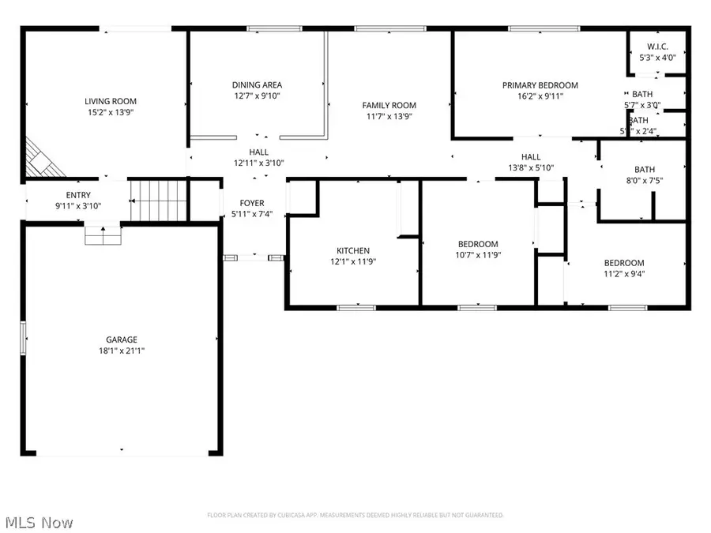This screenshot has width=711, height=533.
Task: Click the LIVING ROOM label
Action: (111, 101)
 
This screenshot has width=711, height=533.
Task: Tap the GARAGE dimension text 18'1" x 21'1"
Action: (122, 351)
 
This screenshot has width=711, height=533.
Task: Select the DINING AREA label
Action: (257, 85)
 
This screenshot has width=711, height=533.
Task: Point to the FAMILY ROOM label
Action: (389, 105)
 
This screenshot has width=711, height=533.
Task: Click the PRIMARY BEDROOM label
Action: (540, 85)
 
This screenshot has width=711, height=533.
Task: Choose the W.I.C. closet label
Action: (657, 46)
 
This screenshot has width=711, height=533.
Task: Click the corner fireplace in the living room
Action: (38, 158)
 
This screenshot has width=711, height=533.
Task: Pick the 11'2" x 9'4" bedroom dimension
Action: (624, 275)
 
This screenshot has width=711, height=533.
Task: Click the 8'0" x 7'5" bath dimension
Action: (645, 181)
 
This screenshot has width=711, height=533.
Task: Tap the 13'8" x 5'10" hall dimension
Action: (531, 167)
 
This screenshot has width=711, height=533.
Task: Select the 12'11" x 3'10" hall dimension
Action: (258, 163)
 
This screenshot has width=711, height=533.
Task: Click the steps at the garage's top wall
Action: (103, 235)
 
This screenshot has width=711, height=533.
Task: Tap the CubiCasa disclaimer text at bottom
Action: (355, 515)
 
